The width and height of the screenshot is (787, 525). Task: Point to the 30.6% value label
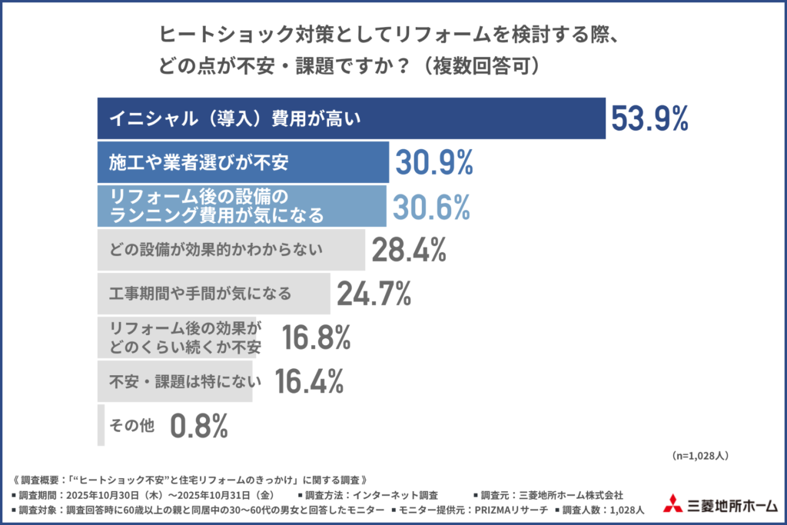(x=431, y=206)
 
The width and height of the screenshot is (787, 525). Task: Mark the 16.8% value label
(x=316, y=337)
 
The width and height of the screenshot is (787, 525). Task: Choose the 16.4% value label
(x=308, y=380)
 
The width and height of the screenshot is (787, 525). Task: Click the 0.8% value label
(x=199, y=424)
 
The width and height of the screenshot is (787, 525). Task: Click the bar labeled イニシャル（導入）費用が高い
(x=351, y=118)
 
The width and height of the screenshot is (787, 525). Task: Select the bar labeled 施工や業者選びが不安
(x=244, y=162)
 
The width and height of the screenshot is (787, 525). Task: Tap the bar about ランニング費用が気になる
(x=242, y=206)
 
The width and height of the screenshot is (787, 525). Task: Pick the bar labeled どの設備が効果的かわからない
(x=231, y=249)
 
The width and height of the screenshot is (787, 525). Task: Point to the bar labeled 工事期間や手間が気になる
(x=214, y=293)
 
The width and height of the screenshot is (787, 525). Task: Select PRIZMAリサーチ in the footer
(x=504, y=509)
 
